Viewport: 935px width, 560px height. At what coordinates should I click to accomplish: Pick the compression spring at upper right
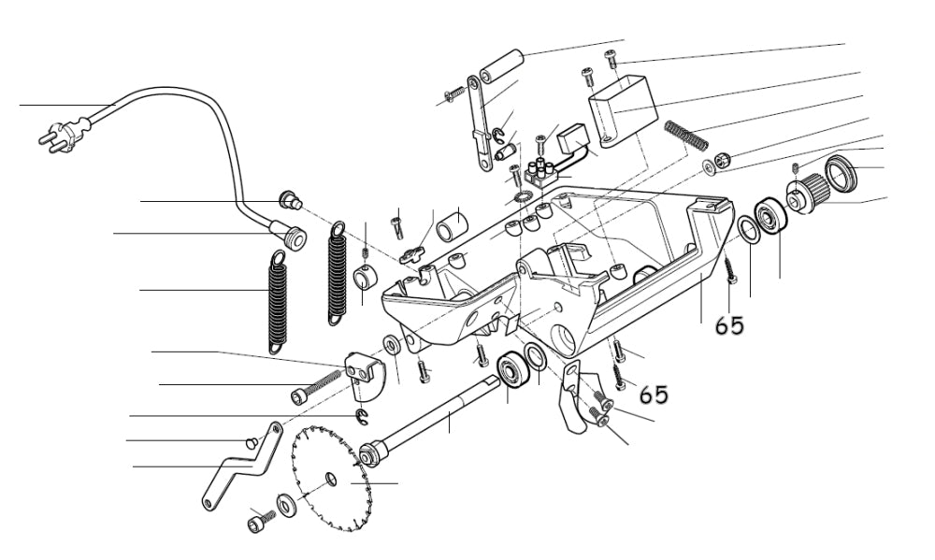pyautogui.click(x=686, y=135)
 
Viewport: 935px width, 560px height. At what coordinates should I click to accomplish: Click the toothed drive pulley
pyautogui.click(x=808, y=192)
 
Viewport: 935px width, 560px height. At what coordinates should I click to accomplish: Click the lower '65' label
pyautogui.click(x=654, y=394)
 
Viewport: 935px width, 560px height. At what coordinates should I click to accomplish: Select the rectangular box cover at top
pyautogui.click(x=620, y=109)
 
